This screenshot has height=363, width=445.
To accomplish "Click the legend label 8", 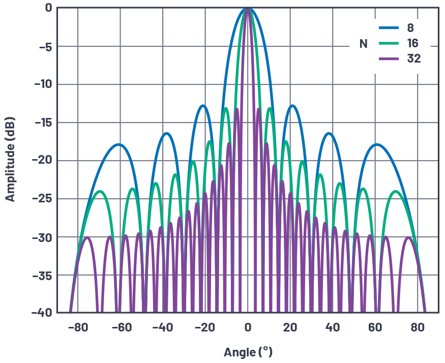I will pos(410,28).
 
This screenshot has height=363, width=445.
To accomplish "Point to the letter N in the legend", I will pos(363,44).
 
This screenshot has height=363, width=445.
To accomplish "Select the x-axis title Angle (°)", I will pos(248,351).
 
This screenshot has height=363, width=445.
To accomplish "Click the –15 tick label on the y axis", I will pos(43,122).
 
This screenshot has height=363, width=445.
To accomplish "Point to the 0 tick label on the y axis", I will pos(48,8).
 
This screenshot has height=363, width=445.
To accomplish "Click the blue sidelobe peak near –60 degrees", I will pos(119,144).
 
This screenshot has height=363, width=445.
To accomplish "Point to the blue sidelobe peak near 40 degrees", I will pos(329,133).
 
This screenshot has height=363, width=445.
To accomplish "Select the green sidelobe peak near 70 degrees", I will pos(396,191).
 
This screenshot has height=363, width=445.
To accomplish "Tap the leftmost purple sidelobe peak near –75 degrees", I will pos(87,237).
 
